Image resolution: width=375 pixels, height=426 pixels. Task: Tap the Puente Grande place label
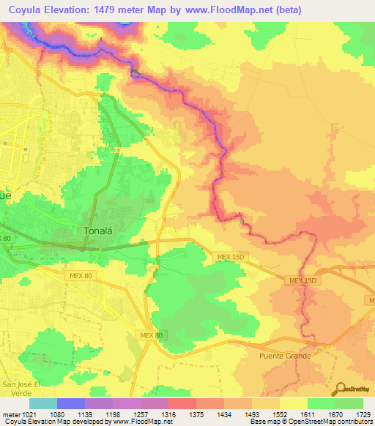[x=286, y=356]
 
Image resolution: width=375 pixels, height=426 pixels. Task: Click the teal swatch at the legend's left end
[x=43, y=403]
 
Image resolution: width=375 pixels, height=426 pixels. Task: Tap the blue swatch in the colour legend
[x=71, y=403]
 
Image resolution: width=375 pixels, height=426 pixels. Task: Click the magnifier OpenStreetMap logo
[x=341, y=388]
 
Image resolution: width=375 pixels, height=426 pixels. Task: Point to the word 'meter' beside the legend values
[x=11, y=414]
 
